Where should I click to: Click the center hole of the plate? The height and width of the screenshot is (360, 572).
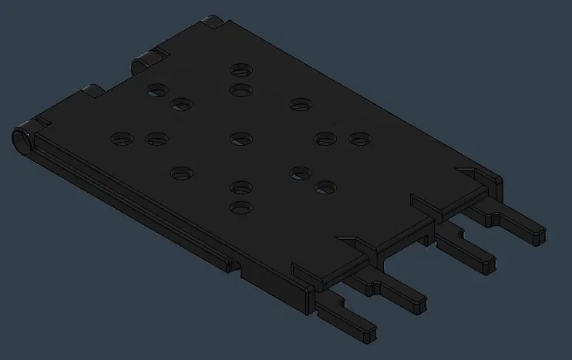(241, 139)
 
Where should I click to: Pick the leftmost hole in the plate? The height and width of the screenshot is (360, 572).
(122, 140)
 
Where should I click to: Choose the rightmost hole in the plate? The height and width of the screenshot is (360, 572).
(360, 140)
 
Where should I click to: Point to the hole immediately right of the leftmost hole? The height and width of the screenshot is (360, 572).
(156, 140)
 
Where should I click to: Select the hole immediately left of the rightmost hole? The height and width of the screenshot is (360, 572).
(325, 140)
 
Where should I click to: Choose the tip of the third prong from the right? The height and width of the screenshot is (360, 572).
(420, 303)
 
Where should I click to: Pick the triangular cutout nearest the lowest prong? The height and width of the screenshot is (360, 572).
(345, 240)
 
